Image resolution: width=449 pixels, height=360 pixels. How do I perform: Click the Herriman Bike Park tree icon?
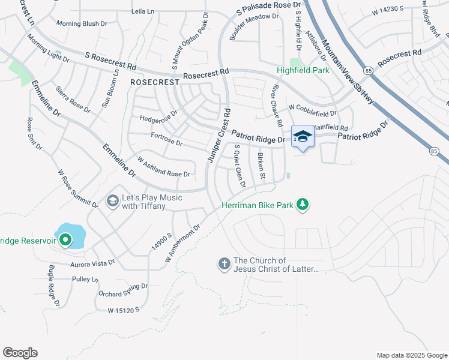tap(303, 205)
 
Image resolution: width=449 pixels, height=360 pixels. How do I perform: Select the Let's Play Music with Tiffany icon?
tap(112, 201)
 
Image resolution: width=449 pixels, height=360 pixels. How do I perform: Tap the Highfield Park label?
tap(303, 70)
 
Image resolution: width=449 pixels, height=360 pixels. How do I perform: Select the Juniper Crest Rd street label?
tap(219, 136)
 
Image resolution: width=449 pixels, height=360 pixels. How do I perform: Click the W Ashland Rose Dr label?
tap(164, 167)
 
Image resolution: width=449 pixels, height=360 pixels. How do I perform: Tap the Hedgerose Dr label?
tap(158, 115)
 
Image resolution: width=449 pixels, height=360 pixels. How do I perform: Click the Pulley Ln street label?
tap(85, 280)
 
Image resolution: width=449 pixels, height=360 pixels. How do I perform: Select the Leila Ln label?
tap(142, 11)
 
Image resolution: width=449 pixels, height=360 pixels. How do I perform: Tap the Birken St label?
tap(261, 165)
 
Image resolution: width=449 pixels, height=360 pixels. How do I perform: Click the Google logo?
tap(20, 353)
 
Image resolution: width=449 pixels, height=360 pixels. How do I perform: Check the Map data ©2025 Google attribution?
tap(411, 355)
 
